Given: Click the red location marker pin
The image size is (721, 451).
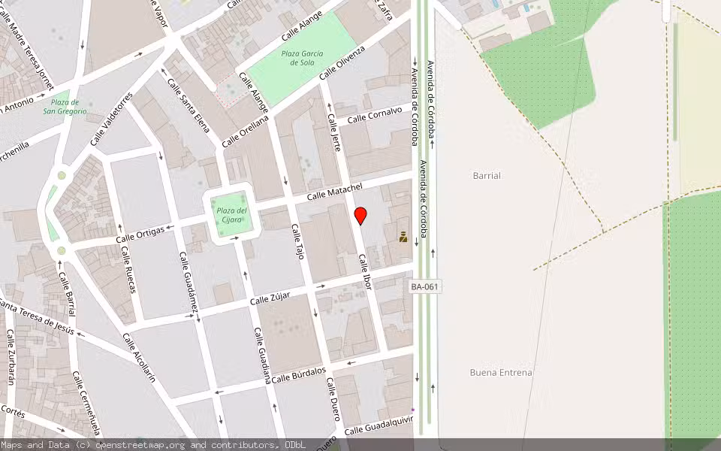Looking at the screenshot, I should coord(360,216).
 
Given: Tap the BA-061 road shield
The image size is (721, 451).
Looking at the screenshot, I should coord(425,286).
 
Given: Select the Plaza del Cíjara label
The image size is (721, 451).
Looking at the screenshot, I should coord(231,216).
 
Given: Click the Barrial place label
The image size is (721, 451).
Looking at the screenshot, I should coord(487,175).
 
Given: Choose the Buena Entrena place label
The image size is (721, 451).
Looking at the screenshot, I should coord(501,372).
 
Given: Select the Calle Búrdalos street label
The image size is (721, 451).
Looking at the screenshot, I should coord(299,374).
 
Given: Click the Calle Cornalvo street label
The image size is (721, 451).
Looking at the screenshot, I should coord(374,114).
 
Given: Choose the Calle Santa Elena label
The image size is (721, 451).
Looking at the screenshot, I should coord(188,105).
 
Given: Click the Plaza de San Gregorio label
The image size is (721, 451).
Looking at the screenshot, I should coord(65,107).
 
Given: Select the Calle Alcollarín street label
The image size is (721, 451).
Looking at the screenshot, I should coord(139,358).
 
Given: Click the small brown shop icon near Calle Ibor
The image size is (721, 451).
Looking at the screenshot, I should coord(403,238).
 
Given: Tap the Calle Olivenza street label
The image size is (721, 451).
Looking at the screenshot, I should coord(342,62).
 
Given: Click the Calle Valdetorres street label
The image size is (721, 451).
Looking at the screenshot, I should coord(111,118).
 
